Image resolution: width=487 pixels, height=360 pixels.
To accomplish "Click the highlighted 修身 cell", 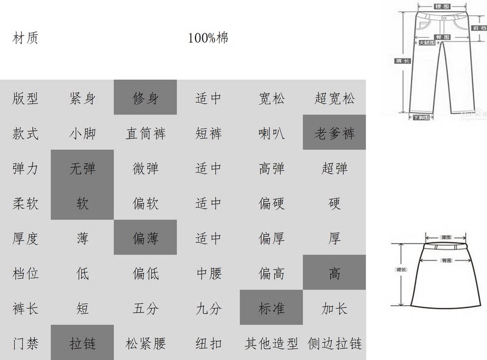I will point(145,98).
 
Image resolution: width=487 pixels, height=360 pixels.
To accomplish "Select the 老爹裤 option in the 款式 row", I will point(334,133).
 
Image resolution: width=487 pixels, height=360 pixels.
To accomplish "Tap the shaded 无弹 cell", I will point(82,168).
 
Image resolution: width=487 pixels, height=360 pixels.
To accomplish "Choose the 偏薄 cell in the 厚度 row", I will point(145,238).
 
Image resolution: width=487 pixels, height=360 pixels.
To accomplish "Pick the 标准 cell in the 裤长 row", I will point(272,308).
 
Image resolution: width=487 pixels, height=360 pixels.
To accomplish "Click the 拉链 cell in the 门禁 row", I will point(82,344).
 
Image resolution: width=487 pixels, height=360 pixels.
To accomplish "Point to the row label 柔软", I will point(26,203).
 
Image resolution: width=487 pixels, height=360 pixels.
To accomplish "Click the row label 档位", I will point(26,274).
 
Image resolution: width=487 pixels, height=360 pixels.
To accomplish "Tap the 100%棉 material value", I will point(208,38).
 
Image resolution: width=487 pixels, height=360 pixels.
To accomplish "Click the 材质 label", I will point(26,38).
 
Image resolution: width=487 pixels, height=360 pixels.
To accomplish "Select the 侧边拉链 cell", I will point(335,344).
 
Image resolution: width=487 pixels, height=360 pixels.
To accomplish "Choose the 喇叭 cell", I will point(272,133).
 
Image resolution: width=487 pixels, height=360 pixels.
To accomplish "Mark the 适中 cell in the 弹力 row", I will point(208,168).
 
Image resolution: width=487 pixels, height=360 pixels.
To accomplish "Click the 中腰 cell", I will point(208,274).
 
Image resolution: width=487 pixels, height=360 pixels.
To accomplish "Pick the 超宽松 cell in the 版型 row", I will point(334,98).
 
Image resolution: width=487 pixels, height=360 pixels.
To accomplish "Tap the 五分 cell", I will point(145,308).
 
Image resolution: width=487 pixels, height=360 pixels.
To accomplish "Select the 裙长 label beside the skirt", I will point(402,268).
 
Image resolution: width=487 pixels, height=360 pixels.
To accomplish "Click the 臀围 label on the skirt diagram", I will point(446,260).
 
